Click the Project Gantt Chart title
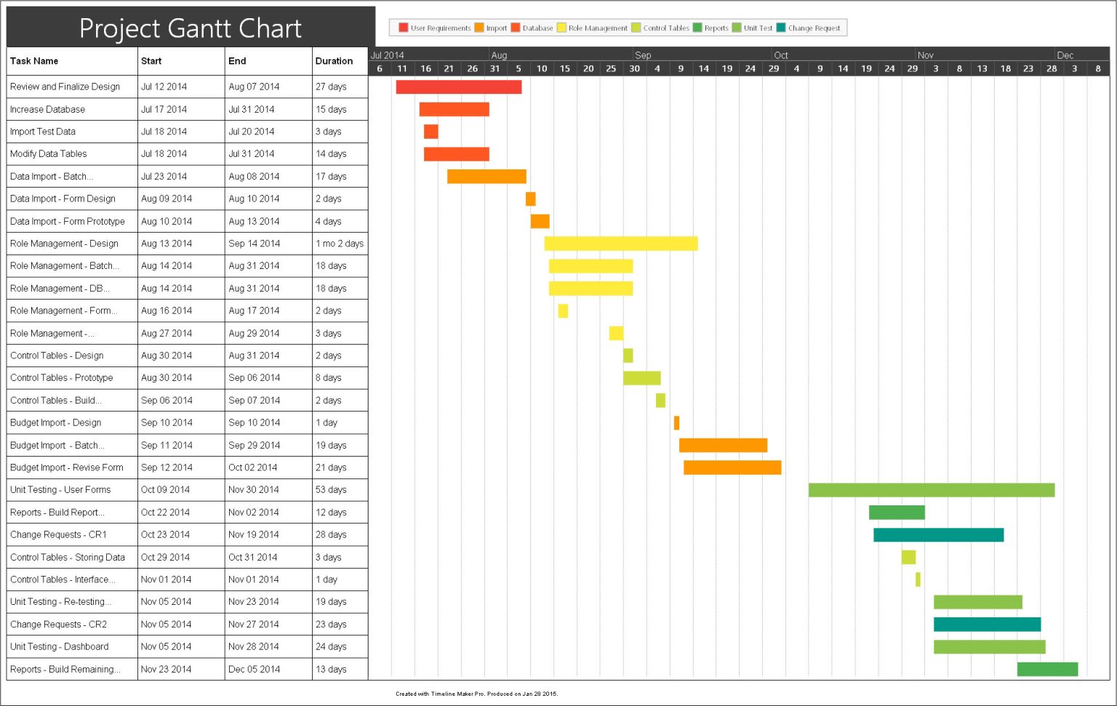[190, 28]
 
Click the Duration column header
[334, 61]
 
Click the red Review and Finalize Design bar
[458, 87]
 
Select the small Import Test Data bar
[431, 132]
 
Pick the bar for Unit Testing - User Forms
[931, 490]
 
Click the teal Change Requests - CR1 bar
[938, 535]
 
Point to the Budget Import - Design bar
[676, 422]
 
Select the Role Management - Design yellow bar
[620, 244]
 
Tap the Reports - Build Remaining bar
[1047, 669]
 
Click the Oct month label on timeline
[780, 55]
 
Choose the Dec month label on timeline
[1065, 55]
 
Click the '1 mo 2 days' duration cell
[339, 244]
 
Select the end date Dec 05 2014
[254, 669]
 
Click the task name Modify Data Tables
[48, 153]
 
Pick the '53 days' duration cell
[331, 490]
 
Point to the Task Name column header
[34, 61]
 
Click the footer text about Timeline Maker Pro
[476, 694]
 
